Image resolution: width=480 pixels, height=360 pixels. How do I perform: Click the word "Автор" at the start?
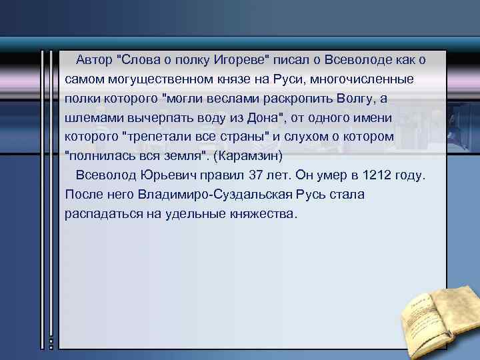(94, 60)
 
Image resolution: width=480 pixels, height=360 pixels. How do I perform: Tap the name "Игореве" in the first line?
(239, 60)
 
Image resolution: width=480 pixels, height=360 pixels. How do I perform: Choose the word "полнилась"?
(99, 157)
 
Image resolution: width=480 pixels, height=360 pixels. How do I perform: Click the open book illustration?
(436, 313)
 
